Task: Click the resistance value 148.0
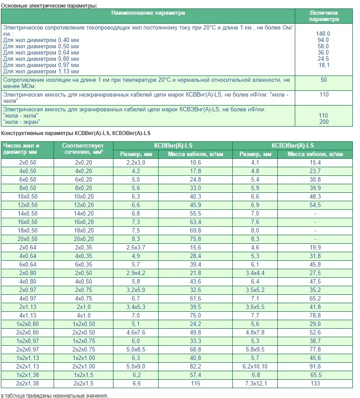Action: point(323,34)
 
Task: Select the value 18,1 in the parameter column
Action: point(324,65)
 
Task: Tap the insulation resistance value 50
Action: point(324,80)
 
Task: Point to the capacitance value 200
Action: point(324,122)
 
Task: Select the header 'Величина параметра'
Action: point(324,16)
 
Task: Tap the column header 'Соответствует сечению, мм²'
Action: point(83,149)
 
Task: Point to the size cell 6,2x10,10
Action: point(255,366)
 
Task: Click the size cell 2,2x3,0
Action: point(136,162)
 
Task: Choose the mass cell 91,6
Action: point(315,366)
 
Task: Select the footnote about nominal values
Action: point(54,395)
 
